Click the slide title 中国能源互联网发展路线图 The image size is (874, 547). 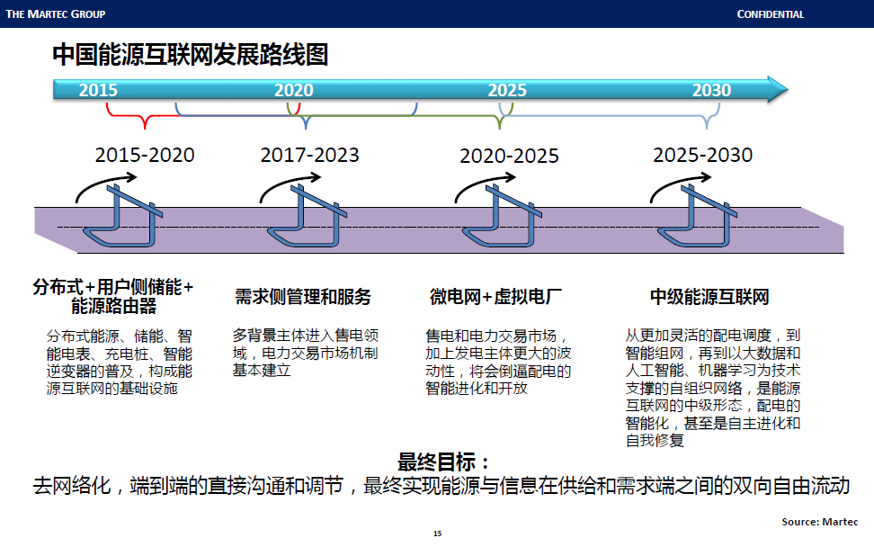[x=190, y=56]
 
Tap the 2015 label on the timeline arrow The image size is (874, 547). [x=98, y=90]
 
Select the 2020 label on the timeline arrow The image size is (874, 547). [x=294, y=90]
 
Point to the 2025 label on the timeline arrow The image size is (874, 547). [x=507, y=90]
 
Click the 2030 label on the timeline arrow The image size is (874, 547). [x=711, y=90]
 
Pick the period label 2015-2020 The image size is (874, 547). [x=145, y=155]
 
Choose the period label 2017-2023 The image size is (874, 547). [x=309, y=155]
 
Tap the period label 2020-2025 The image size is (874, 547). [x=509, y=156]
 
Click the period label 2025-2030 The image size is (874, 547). [x=703, y=155]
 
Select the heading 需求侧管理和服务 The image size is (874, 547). [x=303, y=297]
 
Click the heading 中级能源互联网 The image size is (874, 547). [x=709, y=297]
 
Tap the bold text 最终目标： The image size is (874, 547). [x=444, y=463]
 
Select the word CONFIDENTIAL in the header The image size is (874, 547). [x=771, y=14]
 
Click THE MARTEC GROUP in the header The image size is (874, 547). [x=56, y=14]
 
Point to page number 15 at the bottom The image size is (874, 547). [x=437, y=534]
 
